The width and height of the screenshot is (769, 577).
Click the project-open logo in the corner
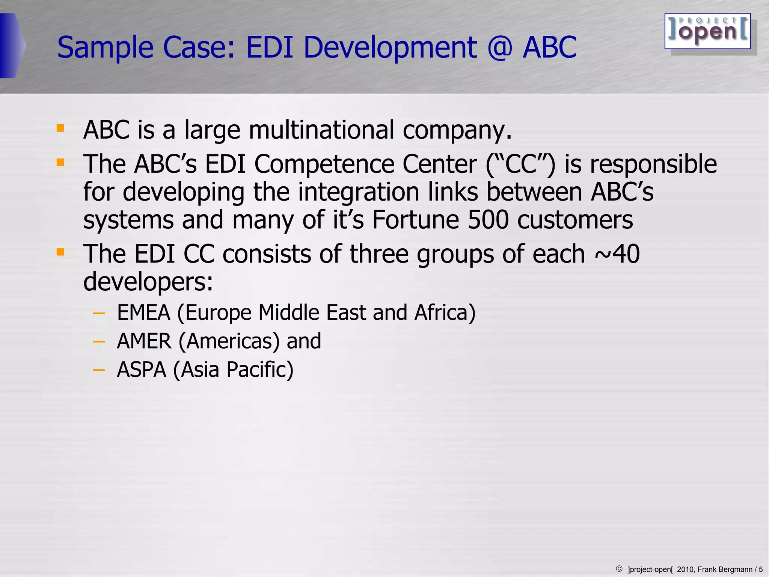(x=707, y=31)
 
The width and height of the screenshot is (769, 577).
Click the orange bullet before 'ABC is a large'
(x=60, y=128)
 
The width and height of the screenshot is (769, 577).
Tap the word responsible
(x=653, y=164)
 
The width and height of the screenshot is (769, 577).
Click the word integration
(x=359, y=192)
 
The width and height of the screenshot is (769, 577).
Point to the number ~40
(x=617, y=254)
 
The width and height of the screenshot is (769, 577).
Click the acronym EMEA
(x=143, y=313)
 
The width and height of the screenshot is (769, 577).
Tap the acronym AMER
(x=144, y=341)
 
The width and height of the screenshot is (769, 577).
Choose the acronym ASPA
(x=141, y=370)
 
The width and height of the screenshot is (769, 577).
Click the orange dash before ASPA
(x=98, y=370)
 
